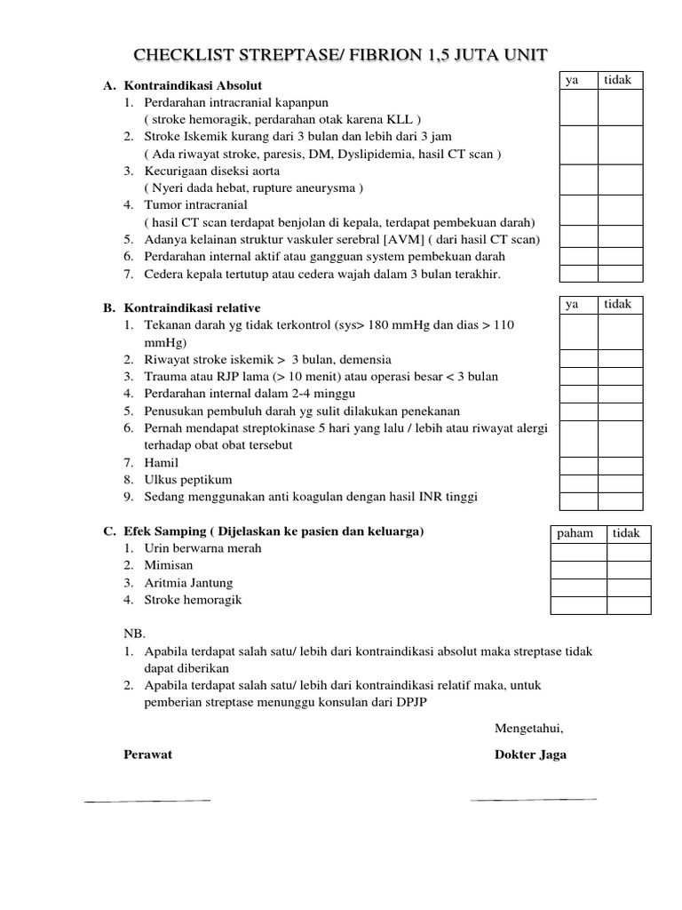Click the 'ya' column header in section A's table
(573, 81)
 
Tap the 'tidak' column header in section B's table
(618, 304)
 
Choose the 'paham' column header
(575, 533)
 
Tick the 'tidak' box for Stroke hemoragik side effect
(629, 605)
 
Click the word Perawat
(147, 754)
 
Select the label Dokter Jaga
(529, 754)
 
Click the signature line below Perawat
(147, 801)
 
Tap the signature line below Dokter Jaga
(533, 800)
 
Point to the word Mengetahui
(528, 729)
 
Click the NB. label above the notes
(131, 635)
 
